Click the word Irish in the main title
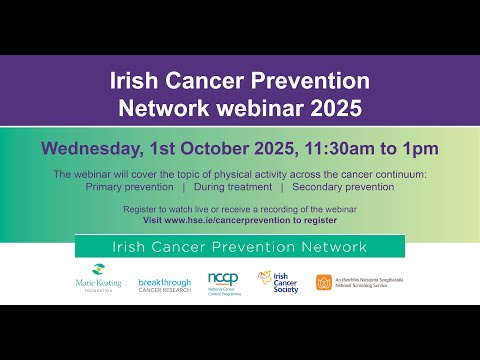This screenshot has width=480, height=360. click(134, 81)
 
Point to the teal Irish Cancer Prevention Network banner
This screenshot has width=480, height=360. click(239, 247)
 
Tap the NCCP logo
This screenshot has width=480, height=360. click(222, 282)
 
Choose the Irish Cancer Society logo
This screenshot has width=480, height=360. click(278, 282)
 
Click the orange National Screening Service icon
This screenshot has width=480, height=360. click(324, 282)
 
